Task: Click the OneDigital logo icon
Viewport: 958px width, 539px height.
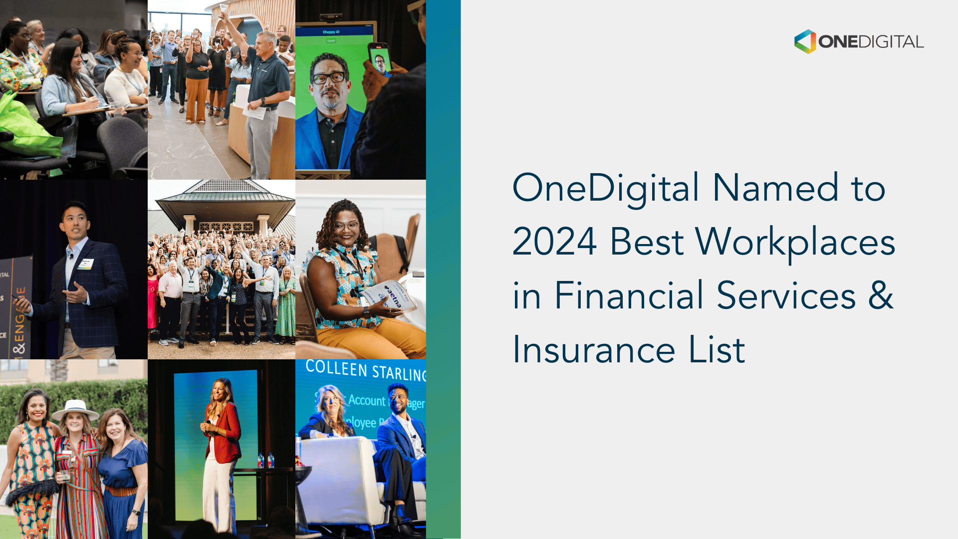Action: pos(805,41)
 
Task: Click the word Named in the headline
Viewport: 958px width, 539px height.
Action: pos(775,188)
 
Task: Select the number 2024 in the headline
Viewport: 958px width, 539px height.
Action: pos(554,242)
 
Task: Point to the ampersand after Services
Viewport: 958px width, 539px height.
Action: pos(880,295)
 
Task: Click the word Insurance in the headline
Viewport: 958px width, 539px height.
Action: pos(594,349)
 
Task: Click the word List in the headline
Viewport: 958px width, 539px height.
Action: pos(717,349)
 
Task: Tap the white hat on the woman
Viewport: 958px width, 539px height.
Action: pos(75,410)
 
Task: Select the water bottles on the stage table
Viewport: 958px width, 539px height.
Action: pos(265,460)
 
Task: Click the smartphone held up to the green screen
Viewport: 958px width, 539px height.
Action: pos(380,58)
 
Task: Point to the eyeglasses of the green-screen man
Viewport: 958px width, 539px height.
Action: pos(328,78)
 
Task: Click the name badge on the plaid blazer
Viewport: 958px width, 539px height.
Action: pos(86,264)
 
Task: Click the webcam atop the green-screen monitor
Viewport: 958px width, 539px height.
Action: pos(331,17)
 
